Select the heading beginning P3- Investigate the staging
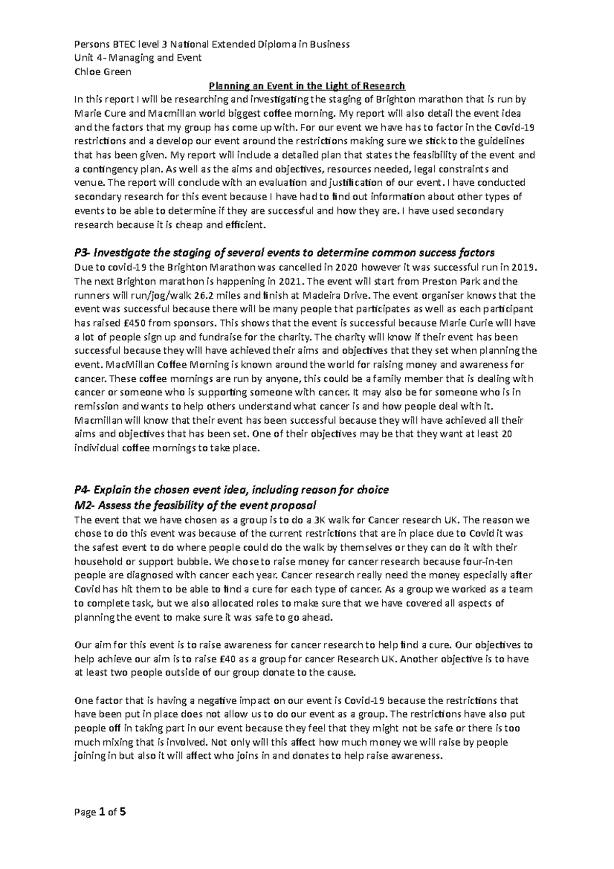(284, 253)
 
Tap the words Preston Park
(450, 281)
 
